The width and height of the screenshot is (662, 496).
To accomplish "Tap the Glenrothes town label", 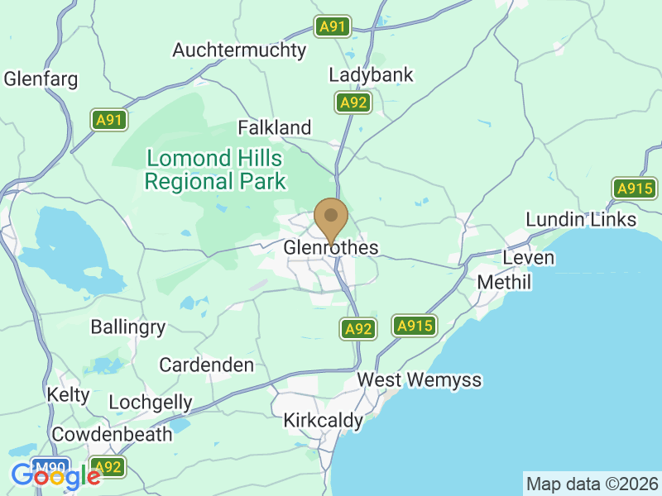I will [x=331, y=248].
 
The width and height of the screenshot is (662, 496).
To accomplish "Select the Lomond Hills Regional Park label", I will [x=214, y=170].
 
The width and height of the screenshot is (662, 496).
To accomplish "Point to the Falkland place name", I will [x=275, y=128].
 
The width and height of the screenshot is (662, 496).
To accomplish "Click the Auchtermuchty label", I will [x=239, y=50].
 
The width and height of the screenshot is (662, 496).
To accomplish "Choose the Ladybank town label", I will [x=371, y=75].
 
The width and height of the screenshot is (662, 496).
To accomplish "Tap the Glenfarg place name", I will [x=41, y=80].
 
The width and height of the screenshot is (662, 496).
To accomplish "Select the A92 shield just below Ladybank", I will [x=353, y=103].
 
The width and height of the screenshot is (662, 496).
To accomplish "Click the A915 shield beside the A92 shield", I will [x=415, y=327].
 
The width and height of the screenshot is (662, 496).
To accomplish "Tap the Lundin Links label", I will [x=582, y=219].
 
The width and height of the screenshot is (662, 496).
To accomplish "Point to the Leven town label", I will [x=528, y=258].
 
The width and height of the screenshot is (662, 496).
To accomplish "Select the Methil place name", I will [x=504, y=283].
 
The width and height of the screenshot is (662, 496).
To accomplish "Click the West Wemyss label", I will [x=420, y=380].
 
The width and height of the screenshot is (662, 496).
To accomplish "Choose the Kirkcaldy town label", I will [x=323, y=421].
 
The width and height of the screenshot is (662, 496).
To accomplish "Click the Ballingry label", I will [x=128, y=327].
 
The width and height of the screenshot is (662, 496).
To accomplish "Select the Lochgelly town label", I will [x=151, y=403].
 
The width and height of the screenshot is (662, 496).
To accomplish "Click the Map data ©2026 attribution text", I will [x=592, y=483].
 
